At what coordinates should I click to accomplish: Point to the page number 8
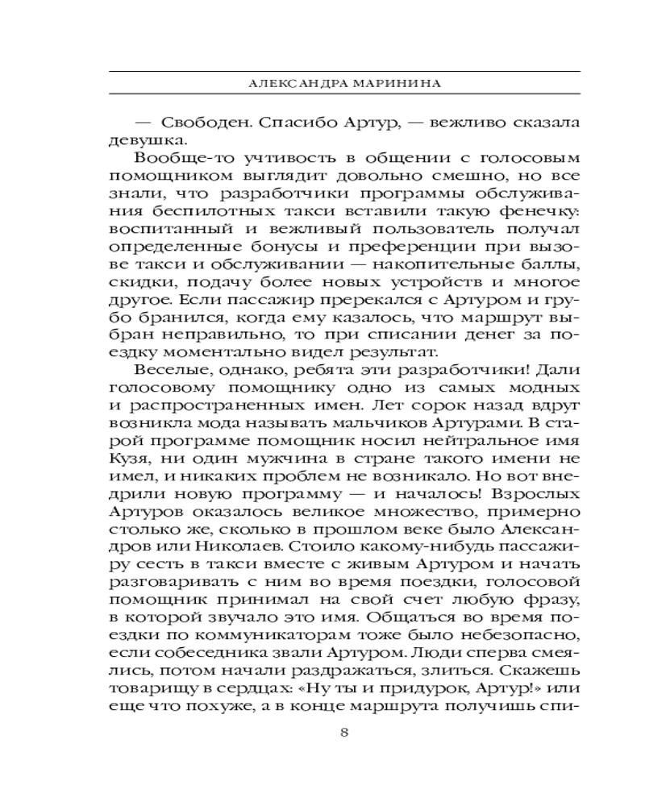click(344, 733)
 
